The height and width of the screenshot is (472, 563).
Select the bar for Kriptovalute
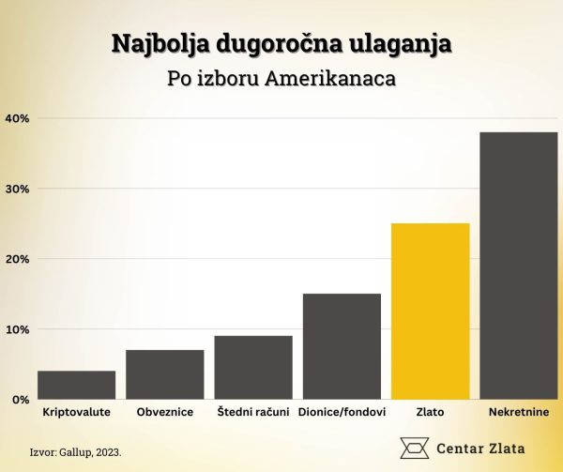click(x=77, y=385)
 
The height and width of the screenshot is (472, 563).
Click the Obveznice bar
click(x=165, y=374)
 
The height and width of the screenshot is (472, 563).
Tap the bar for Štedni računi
click(x=253, y=368)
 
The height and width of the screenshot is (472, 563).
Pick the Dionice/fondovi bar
click(x=342, y=346)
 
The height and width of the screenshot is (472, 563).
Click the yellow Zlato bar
click(x=430, y=312)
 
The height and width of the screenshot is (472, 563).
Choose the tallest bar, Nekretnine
click(x=518, y=266)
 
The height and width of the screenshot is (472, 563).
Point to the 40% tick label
click(x=18, y=118)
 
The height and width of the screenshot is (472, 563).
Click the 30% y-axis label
click(x=18, y=189)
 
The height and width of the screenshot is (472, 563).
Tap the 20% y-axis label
click(x=18, y=259)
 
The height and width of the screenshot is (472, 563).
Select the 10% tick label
click(x=18, y=329)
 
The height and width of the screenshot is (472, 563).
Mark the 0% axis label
click(x=21, y=400)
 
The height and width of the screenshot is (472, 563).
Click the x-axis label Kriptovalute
click(x=77, y=413)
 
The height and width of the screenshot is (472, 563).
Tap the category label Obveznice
click(x=165, y=413)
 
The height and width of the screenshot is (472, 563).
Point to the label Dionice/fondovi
click(x=342, y=413)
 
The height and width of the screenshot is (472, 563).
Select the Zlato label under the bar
click(x=430, y=413)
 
